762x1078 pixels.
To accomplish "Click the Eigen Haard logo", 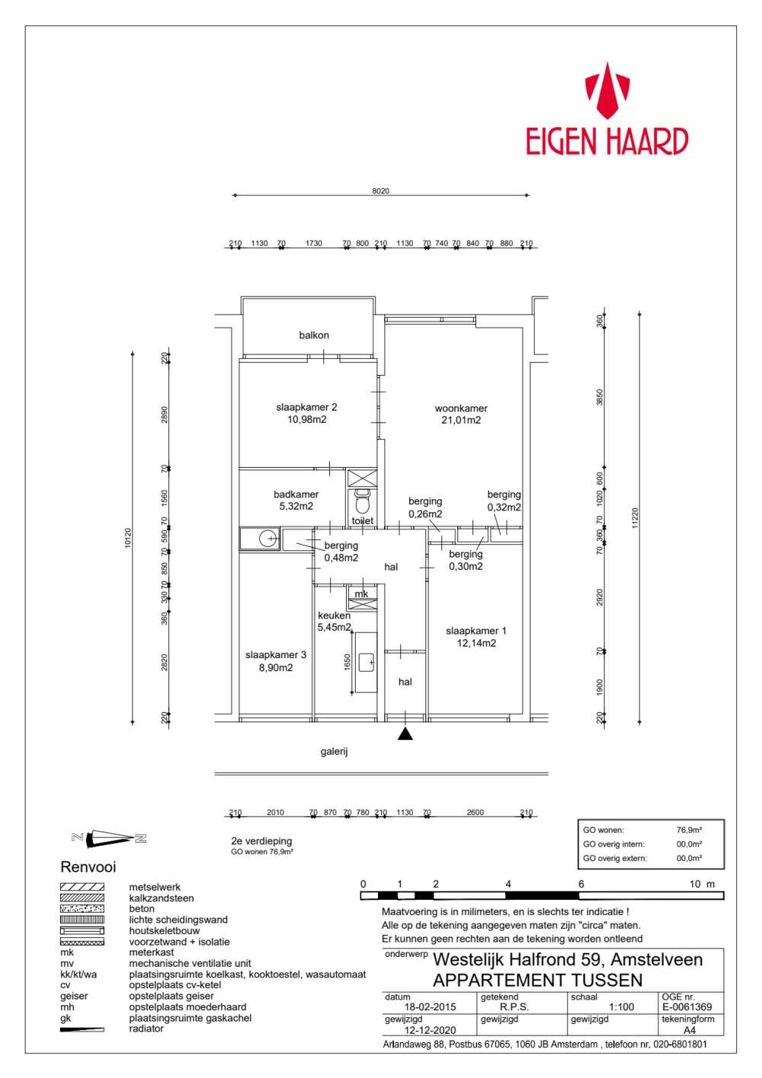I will [607, 111].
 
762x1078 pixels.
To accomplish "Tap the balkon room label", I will [314, 335].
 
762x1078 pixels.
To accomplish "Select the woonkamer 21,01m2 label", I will [461, 414].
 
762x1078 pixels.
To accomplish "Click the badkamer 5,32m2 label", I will [296, 501].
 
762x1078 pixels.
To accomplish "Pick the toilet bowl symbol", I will [363, 504].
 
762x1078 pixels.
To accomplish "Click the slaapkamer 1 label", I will [476, 637].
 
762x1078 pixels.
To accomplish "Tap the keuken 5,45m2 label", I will [335, 622].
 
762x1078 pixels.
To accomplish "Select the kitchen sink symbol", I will [367, 662].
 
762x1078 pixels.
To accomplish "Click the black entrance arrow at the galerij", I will [405, 734].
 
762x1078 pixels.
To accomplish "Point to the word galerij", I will [334, 751].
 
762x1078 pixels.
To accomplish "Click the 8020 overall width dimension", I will [380, 191].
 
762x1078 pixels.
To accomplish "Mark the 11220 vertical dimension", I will [635, 518].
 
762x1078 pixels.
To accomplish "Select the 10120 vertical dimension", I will [128, 538].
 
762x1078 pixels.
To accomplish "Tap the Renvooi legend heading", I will [88, 867].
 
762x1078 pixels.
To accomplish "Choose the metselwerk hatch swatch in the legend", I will [82, 887].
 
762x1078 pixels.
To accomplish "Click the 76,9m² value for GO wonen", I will [689, 830].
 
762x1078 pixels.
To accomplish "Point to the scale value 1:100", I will [622, 1007].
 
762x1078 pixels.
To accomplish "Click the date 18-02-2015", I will [430, 1007].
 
